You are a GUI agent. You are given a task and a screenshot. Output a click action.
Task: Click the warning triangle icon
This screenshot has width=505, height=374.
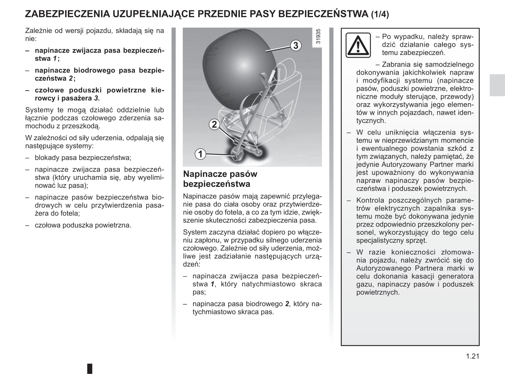tap(358, 45)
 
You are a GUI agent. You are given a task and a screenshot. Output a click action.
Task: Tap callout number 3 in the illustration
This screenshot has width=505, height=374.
tap(296, 45)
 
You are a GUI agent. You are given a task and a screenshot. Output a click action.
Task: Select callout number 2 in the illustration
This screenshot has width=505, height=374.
tap(214, 124)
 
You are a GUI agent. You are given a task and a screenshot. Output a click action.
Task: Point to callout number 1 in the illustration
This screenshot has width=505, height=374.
tap(200, 154)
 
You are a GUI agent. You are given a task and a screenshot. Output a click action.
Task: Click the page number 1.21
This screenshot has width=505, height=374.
tap(473, 356)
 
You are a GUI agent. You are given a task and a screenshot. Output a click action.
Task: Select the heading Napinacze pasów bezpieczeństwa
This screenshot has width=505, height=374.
tap(220, 179)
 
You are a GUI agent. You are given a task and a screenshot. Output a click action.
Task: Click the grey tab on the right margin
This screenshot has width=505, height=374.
tap(497, 85)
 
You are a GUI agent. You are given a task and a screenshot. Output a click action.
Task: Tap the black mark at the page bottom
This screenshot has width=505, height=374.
tap(90, 368)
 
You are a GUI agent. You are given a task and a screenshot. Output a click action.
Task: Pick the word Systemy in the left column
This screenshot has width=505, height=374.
tap(39, 110)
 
